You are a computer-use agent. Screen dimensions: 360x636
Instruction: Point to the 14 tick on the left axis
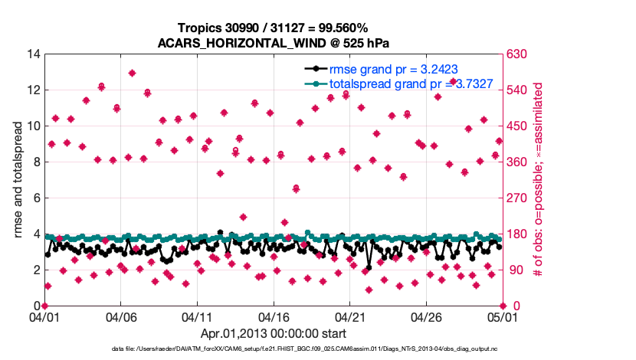click(x=33, y=54)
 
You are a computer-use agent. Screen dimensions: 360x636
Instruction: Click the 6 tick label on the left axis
click(x=36, y=198)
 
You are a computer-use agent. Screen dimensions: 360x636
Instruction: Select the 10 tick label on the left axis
click(x=33, y=126)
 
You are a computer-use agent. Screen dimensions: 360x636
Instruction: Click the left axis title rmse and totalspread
click(x=19, y=180)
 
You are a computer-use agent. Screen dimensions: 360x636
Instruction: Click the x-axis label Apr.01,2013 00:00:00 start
click(x=273, y=333)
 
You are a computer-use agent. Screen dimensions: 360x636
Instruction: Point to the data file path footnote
click(x=303, y=349)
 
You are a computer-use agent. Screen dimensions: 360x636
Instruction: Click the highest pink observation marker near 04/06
click(x=132, y=74)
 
